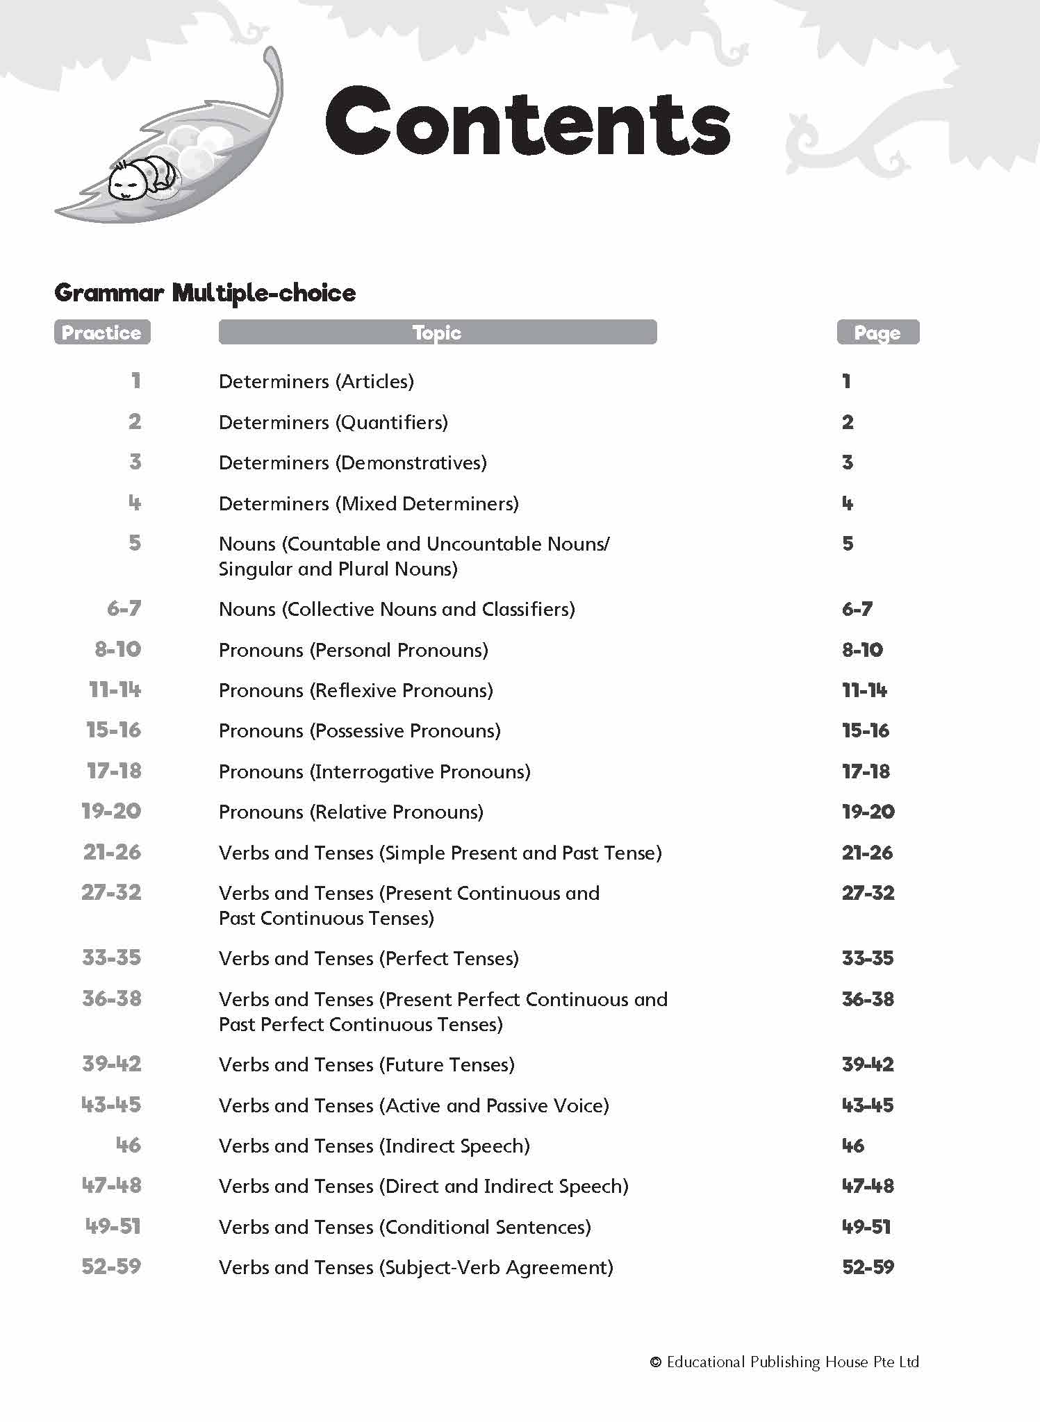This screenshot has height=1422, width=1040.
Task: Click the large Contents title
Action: (x=528, y=122)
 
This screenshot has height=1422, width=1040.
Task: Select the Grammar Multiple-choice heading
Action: (x=205, y=292)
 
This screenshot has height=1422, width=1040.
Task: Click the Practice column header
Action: (x=101, y=333)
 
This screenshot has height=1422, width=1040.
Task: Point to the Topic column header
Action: (x=437, y=333)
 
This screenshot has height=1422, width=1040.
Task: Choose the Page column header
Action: (x=877, y=333)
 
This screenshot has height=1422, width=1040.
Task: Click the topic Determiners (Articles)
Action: (x=316, y=381)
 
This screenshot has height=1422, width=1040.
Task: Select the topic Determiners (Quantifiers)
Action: (x=333, y=422)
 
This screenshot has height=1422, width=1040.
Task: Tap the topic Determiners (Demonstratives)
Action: (x=353, y=462)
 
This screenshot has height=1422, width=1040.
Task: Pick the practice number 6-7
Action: (x=124, y=609)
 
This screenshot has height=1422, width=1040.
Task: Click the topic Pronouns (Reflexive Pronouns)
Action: (x=356, y=690)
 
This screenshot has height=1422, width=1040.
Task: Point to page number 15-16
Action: (x=866, y=730)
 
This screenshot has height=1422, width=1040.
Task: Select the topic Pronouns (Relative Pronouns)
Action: (x=351, y=812)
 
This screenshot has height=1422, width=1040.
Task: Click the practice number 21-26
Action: (x=112, y=852)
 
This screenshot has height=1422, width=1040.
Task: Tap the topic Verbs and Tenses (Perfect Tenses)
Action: (x=369, y=958)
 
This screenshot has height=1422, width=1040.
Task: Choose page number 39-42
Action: (x=868, y=1064)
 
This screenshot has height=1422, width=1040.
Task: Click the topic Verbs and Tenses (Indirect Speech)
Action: (x=374, y=1146)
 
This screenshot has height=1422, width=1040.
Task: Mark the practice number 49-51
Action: (x=113, y=1227)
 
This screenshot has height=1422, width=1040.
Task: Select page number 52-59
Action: (x=868, y=1267)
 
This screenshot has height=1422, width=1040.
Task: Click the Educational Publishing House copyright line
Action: (x=784, y=1362)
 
